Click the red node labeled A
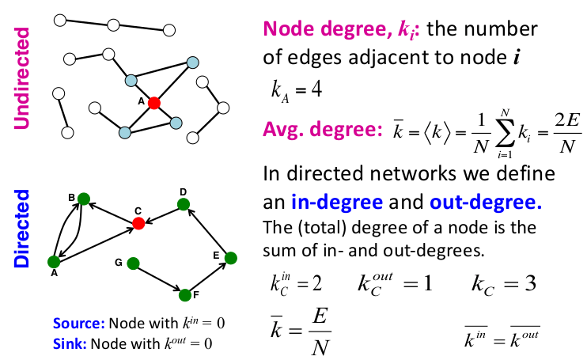pos(153,103)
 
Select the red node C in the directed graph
pos(138,224)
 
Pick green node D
pos(184,204)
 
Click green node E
pos(230,258)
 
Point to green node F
pos(185,295)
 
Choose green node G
pos(133,263)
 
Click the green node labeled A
pos(54,261)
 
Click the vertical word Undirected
pos(23,77)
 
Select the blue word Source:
pos(79,324)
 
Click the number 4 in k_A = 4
pos(316,89)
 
